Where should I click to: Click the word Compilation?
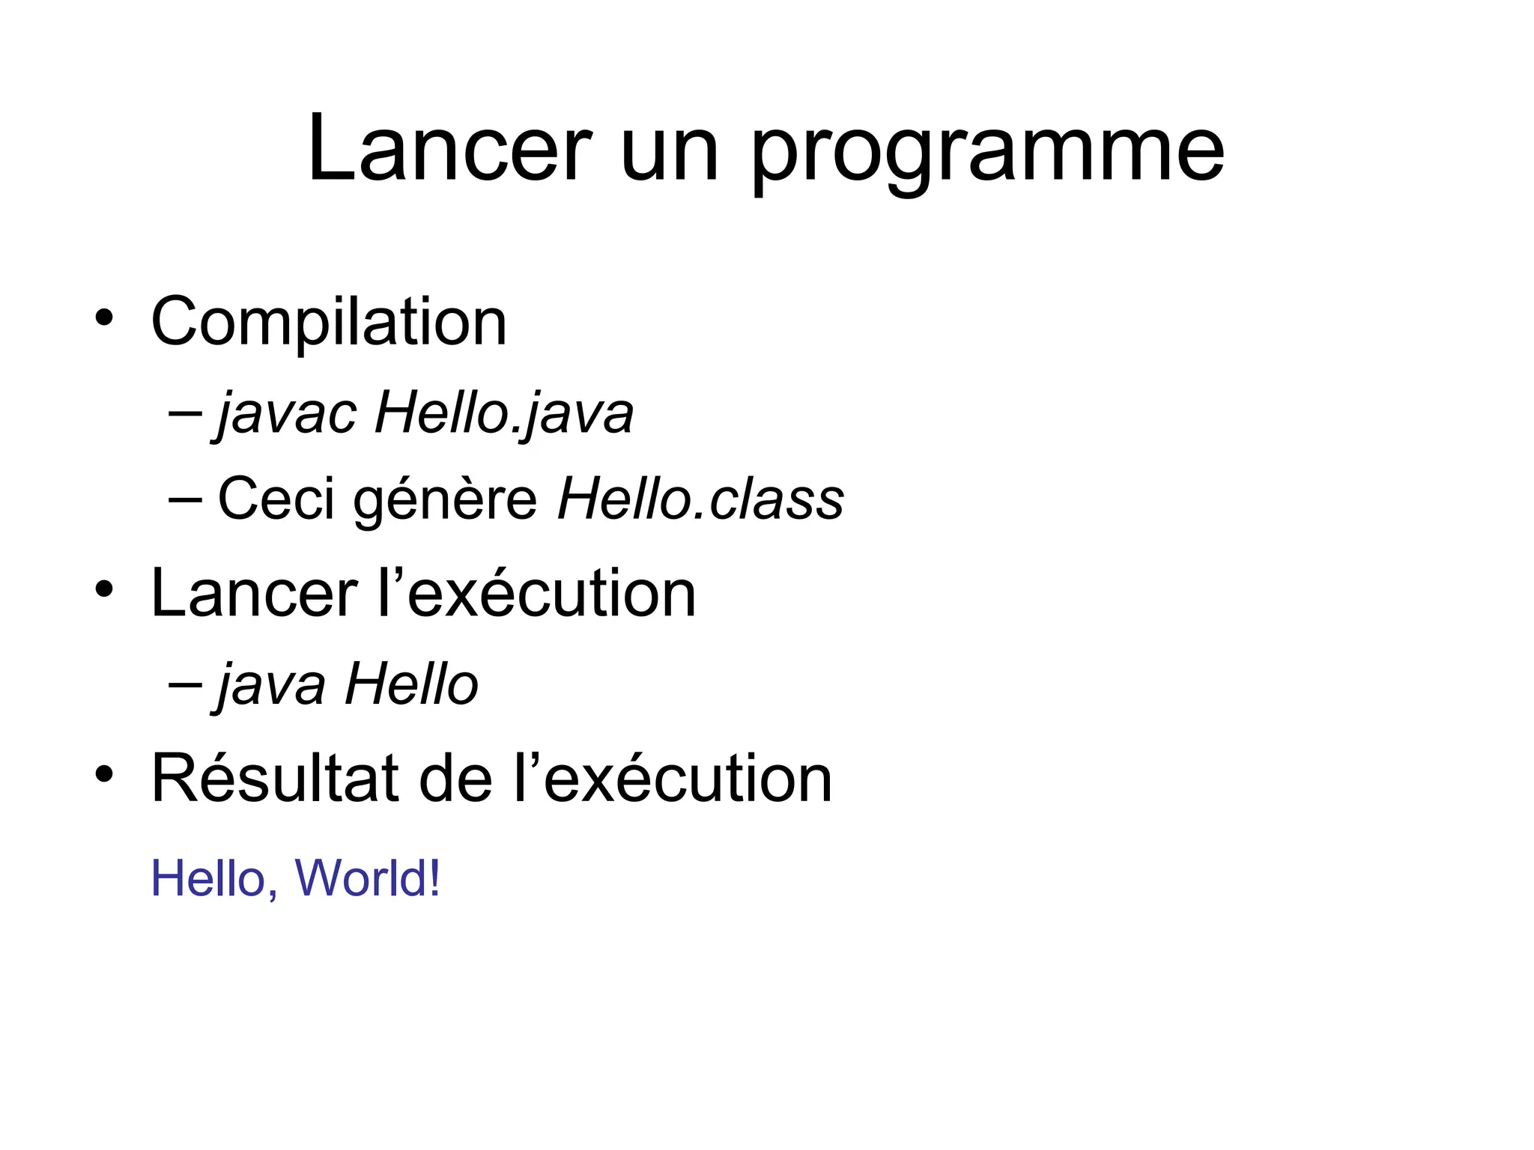click(x=329, y=322)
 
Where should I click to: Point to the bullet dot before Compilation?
click(x=104, y=317)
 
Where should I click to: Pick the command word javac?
click(x=286, y=413)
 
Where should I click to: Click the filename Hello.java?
click(x=504, y=413)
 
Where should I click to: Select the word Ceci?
click(x=276, y=499)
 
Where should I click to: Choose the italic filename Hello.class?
click(x=700, y=499)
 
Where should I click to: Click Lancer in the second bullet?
click(x=254, y=593)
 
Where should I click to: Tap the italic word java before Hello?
click(x=271, y=684)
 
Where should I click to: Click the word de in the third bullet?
click(x=455, y=779)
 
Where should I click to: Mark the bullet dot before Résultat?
click(x=104, y=774)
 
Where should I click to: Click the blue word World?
click(x=368, y=877)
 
